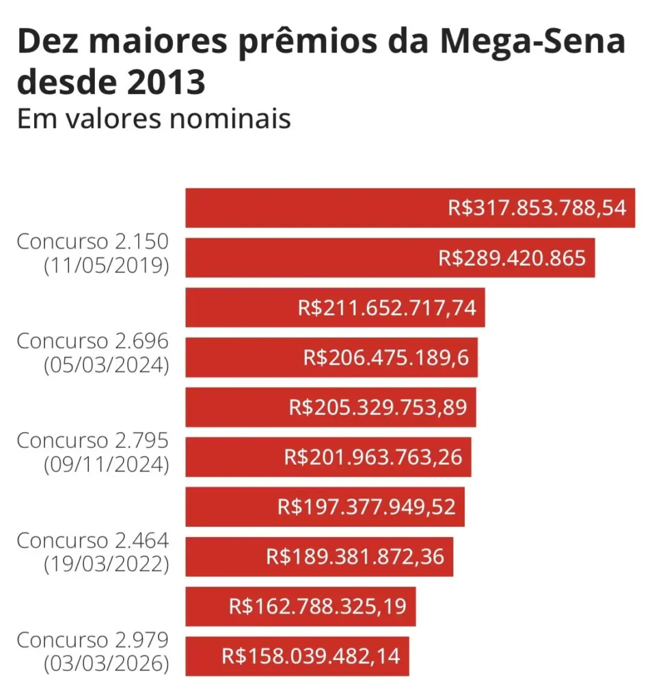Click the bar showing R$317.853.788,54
tap(410, 208)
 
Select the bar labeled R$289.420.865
tap(390, 257)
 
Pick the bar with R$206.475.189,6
tap(331, 357)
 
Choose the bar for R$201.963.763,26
tap(328, 457)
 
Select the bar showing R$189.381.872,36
tap(319, 556)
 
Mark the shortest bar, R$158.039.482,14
tap(297, 656)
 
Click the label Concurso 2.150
tap(92, 242)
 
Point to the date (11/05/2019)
tap(106, 266)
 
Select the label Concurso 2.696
tap(92, 341)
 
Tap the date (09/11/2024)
tap(106, 465)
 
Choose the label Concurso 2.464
tap(92, 541)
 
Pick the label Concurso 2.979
tap(92, 640)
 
